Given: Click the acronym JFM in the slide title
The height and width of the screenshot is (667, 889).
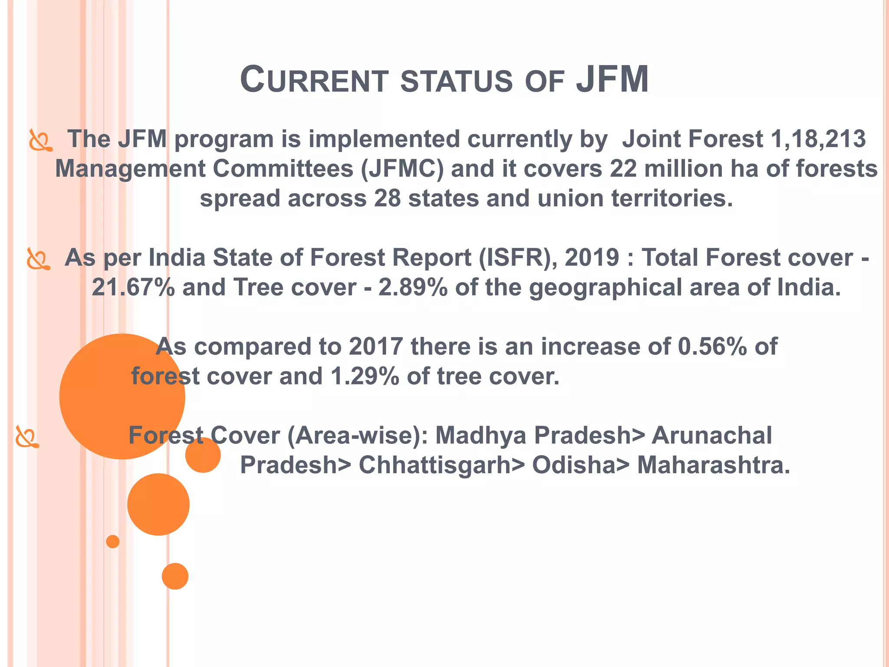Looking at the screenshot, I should click(612, 79).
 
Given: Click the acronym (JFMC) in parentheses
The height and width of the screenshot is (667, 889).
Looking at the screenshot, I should click(402, 169).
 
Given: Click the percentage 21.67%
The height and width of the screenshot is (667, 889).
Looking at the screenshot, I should click(133, 287).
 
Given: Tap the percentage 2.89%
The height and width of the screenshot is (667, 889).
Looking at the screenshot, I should click(413, 287).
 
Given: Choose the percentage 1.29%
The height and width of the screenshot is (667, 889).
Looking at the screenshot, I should click(365, 376).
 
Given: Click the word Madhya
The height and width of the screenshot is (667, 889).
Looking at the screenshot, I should click(481, 436).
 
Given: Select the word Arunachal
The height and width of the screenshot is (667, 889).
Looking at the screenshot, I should click(712, 436).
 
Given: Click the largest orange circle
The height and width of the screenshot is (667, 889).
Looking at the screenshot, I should click(122, 396).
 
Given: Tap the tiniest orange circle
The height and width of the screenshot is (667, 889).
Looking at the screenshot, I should click(113, 542).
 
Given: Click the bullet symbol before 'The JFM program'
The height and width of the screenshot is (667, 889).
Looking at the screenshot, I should click(40, 140).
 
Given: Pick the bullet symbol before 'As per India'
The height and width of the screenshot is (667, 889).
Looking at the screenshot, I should click(38, 259).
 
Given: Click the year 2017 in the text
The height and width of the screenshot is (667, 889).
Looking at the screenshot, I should click(376, 347).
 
